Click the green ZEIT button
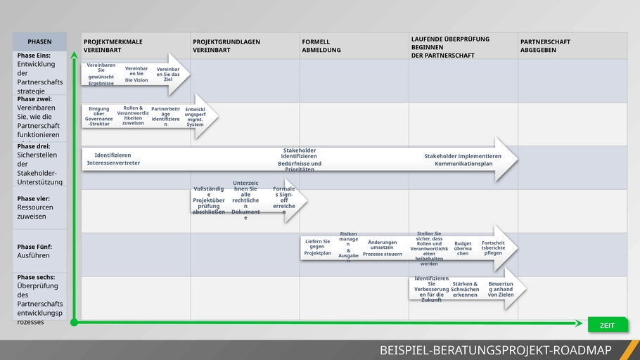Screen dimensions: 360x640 (x=607, y=325)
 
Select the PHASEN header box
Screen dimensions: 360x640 (x=39, y=41)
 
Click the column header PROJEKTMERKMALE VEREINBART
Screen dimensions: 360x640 (x=113, y=46)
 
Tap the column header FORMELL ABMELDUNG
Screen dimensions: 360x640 (x=321, y=46)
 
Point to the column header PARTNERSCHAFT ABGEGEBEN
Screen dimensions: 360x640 (x=545, y=46)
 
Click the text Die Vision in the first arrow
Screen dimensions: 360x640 (x=136, y=80)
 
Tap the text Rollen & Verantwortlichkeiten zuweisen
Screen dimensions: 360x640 (x=133, y=115)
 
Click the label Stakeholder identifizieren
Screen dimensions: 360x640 (x=299, y=153)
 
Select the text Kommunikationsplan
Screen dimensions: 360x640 (x=463, y=164)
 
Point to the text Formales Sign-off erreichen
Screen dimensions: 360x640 (x=284, y=200)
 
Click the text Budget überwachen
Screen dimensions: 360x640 (x=463, y=248)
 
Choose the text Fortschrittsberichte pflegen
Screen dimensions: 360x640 (x=493, y=247)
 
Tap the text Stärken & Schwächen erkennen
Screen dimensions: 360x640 (x=465, y=289)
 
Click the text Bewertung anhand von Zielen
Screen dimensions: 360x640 (x=501, y=289)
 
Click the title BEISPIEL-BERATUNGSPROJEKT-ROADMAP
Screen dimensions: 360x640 (x=495, y=350)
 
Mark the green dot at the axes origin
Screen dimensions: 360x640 (x=74, y=323)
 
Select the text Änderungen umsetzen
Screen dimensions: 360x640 (x=383, y=245)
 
